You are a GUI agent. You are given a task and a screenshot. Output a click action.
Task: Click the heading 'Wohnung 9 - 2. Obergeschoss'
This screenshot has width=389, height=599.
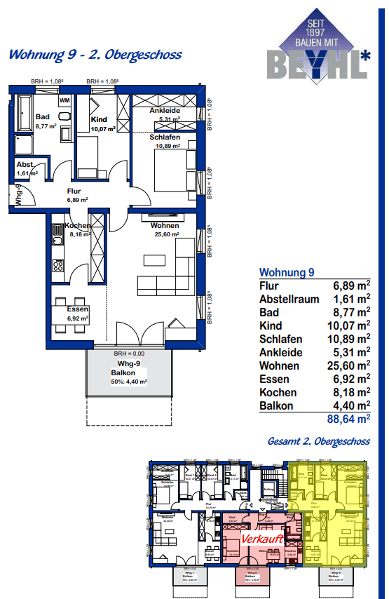click(94, 55)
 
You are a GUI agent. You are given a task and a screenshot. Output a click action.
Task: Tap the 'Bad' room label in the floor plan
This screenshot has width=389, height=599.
click(42, 117)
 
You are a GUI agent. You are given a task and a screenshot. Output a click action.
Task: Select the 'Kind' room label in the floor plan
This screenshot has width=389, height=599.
click(99, 121)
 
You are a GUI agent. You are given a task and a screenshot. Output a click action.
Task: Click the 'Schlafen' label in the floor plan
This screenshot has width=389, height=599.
click(165, 137)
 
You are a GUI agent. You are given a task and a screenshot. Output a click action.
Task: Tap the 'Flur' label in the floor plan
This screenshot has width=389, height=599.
click(75, 191)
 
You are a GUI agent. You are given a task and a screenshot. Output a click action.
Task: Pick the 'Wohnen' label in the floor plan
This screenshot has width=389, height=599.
click(164, 226)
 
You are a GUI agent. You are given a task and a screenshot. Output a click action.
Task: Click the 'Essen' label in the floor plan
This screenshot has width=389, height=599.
click(77, 310)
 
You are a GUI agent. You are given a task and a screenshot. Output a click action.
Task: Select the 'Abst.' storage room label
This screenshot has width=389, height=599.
click(25, 165)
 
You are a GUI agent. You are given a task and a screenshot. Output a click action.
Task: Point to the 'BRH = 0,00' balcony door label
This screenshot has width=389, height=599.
click(128, 354)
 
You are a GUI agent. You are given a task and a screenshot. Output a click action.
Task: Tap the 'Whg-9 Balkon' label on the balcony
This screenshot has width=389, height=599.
click(128, 368)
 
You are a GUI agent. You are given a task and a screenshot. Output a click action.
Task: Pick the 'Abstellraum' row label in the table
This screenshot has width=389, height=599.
click(289, 299)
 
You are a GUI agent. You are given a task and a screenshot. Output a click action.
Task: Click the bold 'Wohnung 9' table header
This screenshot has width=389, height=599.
click(287, 272)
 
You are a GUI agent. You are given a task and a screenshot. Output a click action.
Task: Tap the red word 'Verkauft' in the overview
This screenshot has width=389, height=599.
click(261, 539)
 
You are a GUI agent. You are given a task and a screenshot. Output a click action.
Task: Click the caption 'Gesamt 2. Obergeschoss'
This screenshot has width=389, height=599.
click(319, 442)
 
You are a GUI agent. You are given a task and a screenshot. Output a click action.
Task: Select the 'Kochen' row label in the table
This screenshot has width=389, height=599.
click(278, 393)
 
